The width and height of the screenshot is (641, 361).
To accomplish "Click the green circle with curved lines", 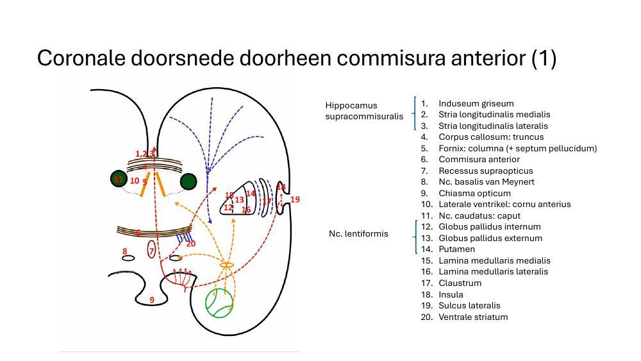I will [219, 303].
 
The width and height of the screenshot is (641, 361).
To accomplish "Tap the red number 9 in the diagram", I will [152, 300].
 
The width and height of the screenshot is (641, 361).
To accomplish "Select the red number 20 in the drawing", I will [190, 244].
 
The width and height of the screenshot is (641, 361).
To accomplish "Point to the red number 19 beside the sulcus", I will [295, 200].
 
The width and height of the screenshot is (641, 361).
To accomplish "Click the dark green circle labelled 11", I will [119, 179].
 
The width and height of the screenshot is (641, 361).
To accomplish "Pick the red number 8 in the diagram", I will [125, 251].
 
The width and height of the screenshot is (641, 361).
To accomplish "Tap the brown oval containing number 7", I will [151, 250].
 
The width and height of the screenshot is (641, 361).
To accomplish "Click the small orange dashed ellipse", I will [227, 265].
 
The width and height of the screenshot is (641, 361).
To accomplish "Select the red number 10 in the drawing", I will [134, 181].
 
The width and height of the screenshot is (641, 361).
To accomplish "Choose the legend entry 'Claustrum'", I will [460, 283].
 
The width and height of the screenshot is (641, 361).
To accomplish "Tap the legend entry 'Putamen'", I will [456, 249].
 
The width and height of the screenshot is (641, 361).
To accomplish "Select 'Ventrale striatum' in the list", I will [472, 317].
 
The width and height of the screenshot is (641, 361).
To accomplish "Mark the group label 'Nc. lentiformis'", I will [358, 233].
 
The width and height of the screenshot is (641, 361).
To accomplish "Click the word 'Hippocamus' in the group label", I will [351, 105].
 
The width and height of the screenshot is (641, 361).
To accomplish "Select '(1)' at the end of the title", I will [544, 58].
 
